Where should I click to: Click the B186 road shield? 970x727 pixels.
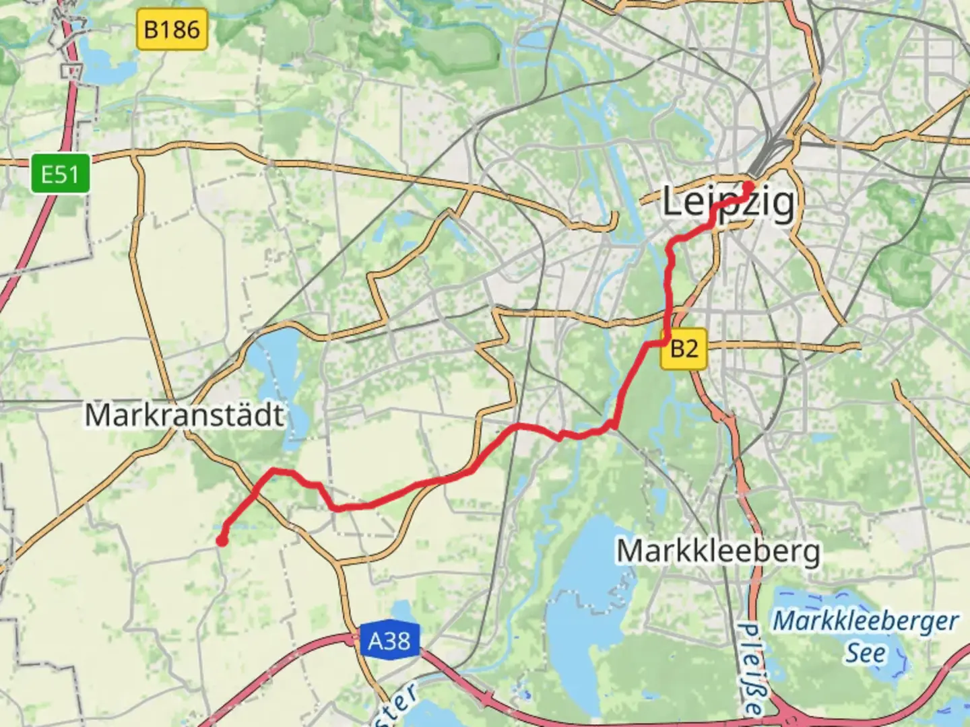pos(172,30)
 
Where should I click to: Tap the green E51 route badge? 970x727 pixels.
pos(60,174)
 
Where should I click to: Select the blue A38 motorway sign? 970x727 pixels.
pos(389,640)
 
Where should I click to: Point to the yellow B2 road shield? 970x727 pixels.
pos(684,348)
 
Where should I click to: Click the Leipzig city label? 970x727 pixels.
pos(728,203)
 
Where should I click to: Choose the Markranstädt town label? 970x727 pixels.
pos(184,415)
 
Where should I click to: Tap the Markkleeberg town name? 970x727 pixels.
pos(719,551)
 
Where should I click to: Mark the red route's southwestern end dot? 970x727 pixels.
pos(221,540)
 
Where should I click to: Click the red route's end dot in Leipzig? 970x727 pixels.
pos(748,186)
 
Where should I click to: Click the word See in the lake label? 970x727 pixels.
pos(866,653)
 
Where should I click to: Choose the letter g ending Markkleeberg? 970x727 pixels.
pos(810,554)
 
